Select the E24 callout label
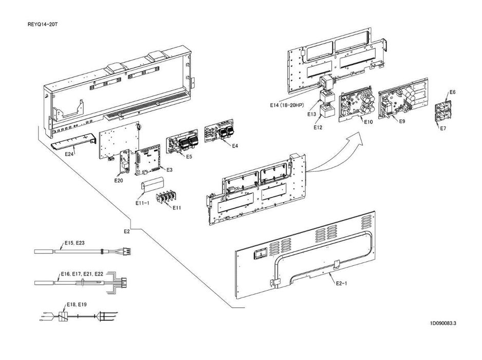(70, 152)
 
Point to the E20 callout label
(118, 180)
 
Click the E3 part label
(169, 169)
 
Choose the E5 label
(189, 156)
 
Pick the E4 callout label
(235, 146)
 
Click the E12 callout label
(318, 127)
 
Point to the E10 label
(367, 122)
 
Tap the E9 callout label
(402, 122)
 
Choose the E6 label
(452, 92)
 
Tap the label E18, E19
(77, 304)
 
